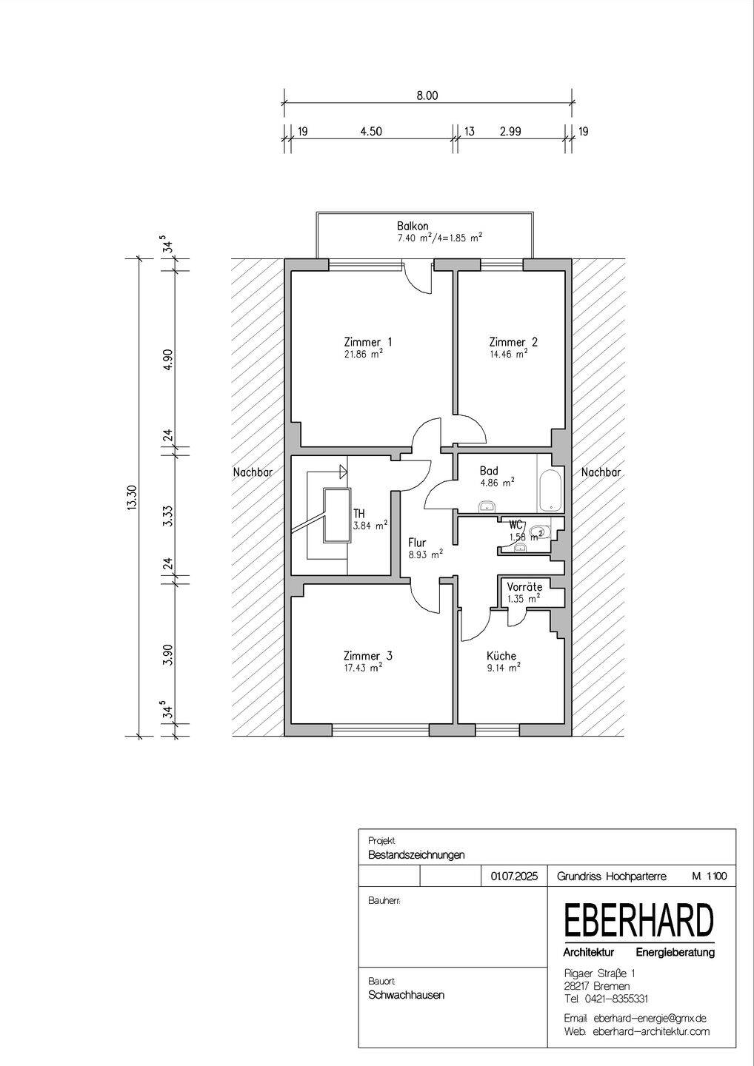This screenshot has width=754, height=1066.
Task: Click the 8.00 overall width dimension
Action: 427,95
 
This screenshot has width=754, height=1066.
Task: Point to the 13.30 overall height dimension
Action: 133,497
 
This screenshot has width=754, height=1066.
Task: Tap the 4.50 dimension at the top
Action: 371,131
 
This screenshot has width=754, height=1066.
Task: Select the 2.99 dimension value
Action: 510,131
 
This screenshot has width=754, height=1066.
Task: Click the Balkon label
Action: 413,226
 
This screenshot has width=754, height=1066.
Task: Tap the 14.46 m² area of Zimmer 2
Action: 508,354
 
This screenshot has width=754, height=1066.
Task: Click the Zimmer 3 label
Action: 368,656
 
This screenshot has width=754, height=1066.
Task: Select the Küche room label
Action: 501,656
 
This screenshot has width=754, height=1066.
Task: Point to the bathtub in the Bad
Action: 551,491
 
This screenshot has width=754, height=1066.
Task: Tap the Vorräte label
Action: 524,587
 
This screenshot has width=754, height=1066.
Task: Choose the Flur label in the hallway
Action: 417,543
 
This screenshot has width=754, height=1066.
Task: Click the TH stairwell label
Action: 359,514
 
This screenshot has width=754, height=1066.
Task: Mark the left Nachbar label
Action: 253,472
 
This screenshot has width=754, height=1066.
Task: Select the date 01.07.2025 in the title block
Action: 514,876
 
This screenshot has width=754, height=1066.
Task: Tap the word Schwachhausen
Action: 407,995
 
